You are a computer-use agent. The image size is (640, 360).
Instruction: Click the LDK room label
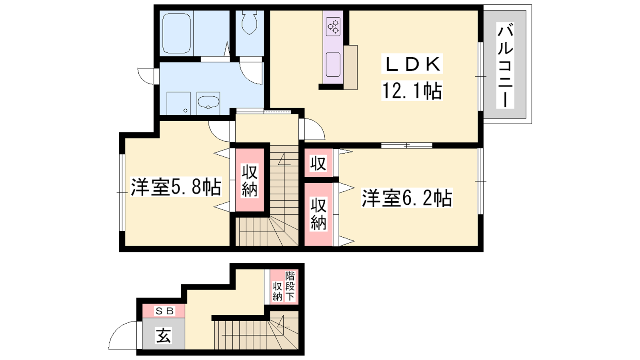(x=412, y=64)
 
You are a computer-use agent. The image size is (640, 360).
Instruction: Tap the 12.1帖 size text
(x=412, y=90)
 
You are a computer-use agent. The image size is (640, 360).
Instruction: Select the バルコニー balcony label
(x=505, y=65)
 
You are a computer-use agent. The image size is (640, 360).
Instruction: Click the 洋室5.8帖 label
(x=176, y=187)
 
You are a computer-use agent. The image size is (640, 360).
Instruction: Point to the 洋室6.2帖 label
(x=407, y=198)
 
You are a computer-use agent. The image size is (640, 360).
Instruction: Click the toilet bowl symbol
(x=250, y=23)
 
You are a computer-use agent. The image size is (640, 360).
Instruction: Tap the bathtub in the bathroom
(x=176, y=34)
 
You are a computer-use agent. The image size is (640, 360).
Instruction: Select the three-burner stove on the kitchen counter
(x=333, y=26)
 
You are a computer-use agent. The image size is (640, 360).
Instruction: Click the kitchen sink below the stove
(x=333, y=64)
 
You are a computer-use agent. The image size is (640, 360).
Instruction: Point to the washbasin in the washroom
(x=208, y=102)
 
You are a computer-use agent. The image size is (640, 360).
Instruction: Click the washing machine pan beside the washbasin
(x=178, y=103)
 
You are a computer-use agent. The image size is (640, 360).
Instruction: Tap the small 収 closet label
(x=318, y=164)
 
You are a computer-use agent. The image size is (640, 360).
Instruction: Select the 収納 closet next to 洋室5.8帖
(x=250, y=180)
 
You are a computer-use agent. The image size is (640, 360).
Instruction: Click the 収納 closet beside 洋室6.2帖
(x=318, y=214)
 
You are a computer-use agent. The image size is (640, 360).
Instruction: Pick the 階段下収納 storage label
(x=284, y=286)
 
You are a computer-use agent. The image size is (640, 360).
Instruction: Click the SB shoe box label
(x=164, y=310)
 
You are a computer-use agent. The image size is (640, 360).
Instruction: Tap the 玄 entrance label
(x=164, y=335)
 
